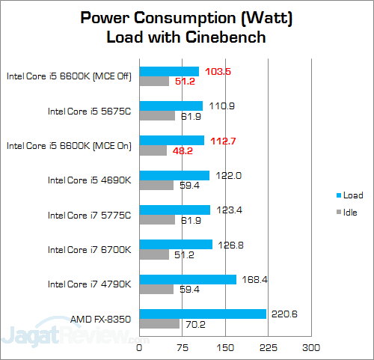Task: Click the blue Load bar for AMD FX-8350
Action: [x=203, y=314]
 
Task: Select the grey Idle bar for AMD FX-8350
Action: [x=159, y=324]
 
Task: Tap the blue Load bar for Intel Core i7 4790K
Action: [x=188, y=279]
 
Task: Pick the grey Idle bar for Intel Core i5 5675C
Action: [x=156, y=116]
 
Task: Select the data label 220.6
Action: [x=284, y=314]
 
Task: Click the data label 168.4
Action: [x=254, y=279]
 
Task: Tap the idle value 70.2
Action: [x=197, y=325]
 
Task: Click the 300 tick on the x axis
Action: [x=311, y=347]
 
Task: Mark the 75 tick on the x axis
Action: [x=183, y=347]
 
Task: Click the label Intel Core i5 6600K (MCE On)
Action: [x=69, y=145]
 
